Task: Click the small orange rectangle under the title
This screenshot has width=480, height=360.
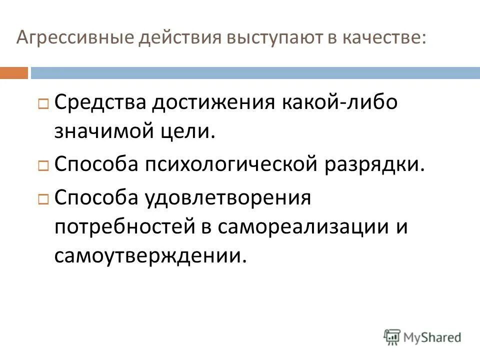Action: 14,73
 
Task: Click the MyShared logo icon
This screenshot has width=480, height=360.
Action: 393,336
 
